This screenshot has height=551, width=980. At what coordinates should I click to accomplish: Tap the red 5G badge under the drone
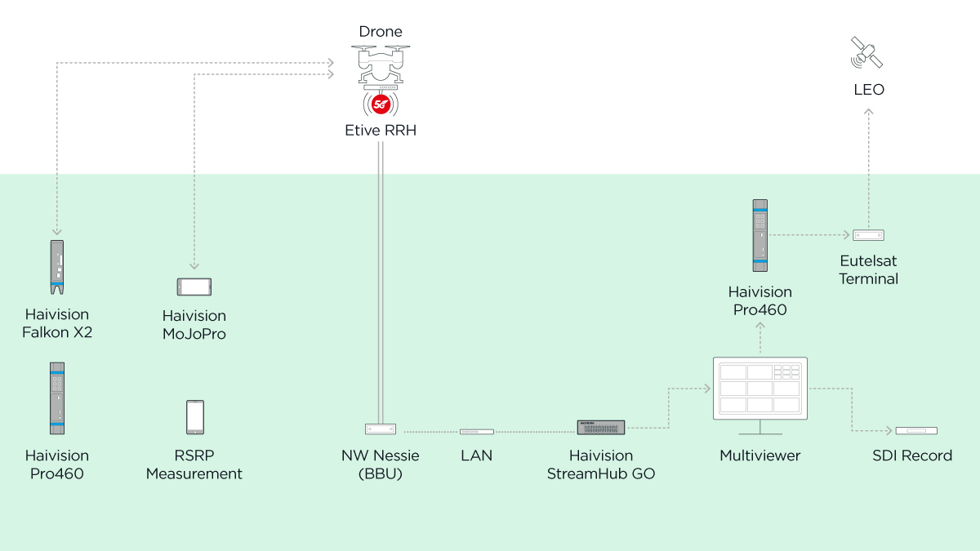(x=381, y=104)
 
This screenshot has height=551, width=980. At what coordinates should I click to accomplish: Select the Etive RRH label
(x=381, y=130)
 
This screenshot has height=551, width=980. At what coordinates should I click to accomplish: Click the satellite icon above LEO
(x=866, y=53)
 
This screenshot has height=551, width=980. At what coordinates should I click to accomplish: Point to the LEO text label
(x=869, y=90)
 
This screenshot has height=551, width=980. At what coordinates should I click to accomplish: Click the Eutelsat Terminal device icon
(x=869, y=235)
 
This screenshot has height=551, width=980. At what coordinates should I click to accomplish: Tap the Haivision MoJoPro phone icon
(x=194, y=287)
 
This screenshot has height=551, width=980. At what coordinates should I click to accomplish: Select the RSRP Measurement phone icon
(x=194, y=417)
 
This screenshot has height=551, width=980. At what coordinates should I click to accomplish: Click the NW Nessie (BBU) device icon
(x=381, y=429)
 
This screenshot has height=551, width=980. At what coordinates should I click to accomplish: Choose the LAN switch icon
(x=476, y=431)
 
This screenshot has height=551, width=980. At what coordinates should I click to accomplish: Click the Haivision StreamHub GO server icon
(x=601, y=427)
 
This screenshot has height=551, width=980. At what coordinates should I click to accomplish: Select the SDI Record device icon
(x=915, y=430)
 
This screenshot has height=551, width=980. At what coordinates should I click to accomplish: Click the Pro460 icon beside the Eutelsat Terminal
(x=760, y=235)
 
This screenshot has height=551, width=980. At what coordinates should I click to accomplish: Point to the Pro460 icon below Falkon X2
(x=57, y=398)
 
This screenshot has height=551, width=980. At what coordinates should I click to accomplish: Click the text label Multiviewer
(x=760, y=455)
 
